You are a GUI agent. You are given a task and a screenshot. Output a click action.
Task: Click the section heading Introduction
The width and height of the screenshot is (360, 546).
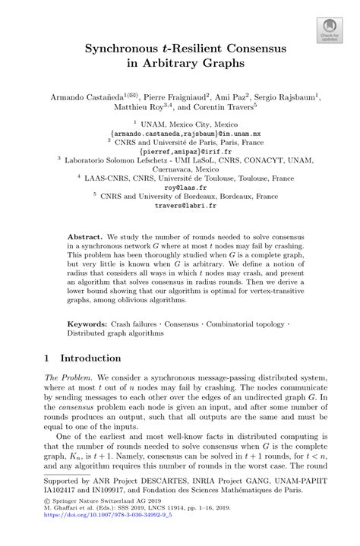coord(87,358)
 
